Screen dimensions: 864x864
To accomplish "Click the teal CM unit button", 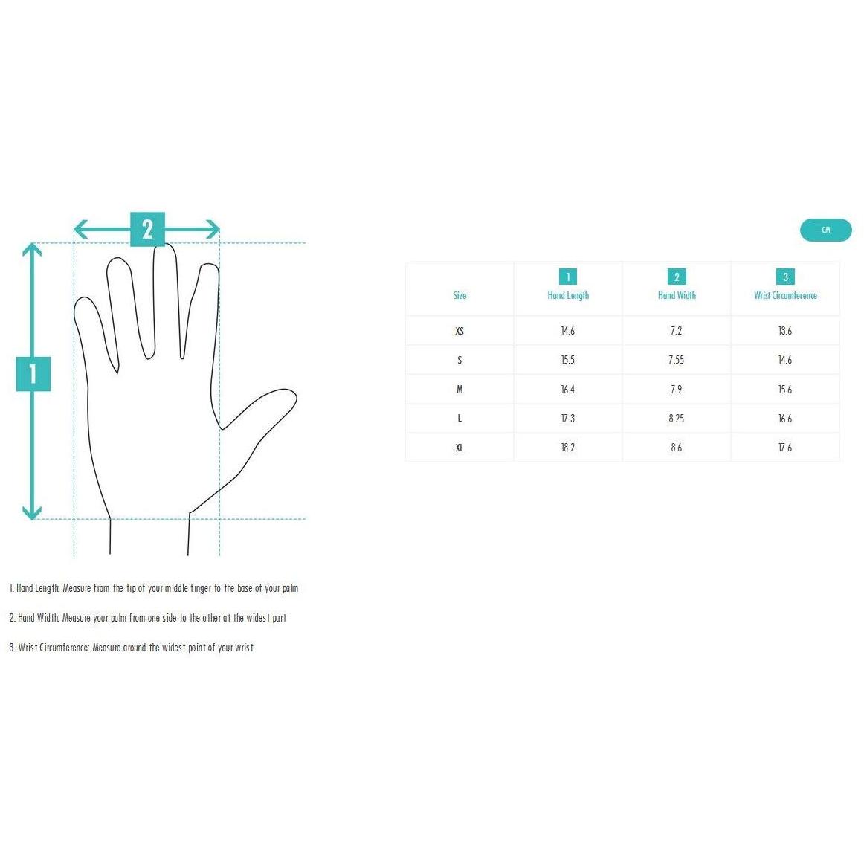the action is (x=825, y=230).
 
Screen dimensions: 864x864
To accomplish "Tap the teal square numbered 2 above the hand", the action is (x=147, y=229).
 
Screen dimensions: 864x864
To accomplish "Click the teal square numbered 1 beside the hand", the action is (x=33, y=374).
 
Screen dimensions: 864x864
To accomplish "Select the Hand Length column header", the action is (x=568, y=295).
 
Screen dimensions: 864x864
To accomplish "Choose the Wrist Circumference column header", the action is (x=785, y=295).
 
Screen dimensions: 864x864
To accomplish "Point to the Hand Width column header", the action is (x=677, y=295).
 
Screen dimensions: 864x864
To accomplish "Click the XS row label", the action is (x=460, y=331).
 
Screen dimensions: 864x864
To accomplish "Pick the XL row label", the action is (x=460, y=448).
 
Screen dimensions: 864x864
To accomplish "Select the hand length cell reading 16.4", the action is (x=567, y=390).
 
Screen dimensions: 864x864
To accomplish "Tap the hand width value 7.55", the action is (x=676, y=360).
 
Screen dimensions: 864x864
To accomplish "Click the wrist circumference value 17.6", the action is (x=785, y=448).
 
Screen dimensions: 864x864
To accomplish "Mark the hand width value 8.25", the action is (x=676, y=418).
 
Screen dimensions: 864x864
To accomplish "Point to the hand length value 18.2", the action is (x=567, y=448).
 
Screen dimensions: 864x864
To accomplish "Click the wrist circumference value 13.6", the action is (x=785, y=331).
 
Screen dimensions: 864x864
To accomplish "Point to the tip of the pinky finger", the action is (x=83, y=300).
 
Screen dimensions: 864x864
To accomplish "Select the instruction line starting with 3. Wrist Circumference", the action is (x=131, y=648).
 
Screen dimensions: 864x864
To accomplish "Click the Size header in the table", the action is (x=460, y=295).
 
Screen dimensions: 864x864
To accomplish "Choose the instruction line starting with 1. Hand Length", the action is (x=154, y=588).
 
